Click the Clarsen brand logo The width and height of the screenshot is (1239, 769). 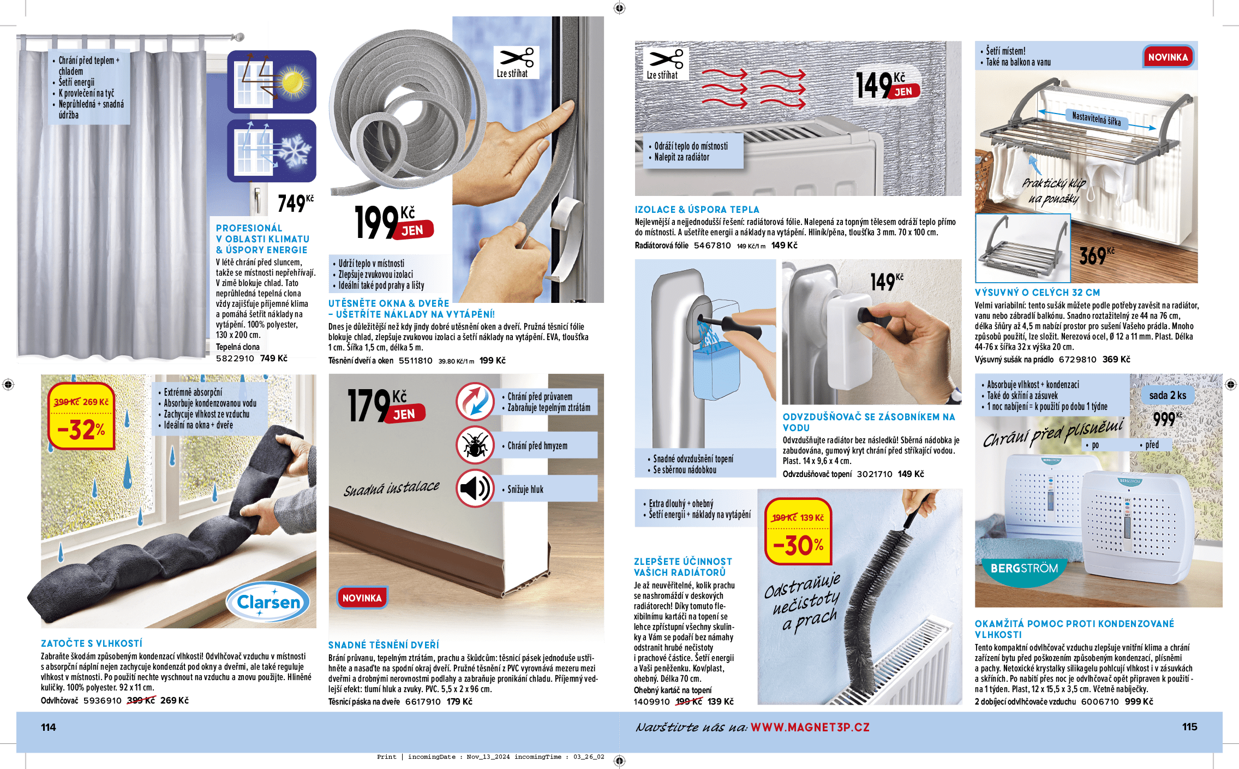[268, 602]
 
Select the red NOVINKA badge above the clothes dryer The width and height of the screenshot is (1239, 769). [1168, 57]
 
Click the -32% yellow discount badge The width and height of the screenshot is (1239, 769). [81, 416]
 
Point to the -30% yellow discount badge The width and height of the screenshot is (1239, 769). [798, 531]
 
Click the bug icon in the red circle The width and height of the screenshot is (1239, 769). [475, 445]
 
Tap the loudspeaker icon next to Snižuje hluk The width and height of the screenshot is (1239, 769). [475, 488]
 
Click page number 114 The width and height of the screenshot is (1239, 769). [49, 727]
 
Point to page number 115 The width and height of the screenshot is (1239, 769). [1190, 727]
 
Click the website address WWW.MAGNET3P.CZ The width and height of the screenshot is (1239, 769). [810, 727]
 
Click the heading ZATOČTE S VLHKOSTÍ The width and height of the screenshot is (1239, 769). [92, 643]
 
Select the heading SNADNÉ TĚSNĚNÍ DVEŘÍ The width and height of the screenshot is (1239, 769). [384, 645]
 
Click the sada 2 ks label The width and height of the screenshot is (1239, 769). [1168, 395]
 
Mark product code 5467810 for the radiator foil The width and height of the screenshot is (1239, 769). [712, 246]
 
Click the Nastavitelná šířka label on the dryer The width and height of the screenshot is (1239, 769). [1097, 118]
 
